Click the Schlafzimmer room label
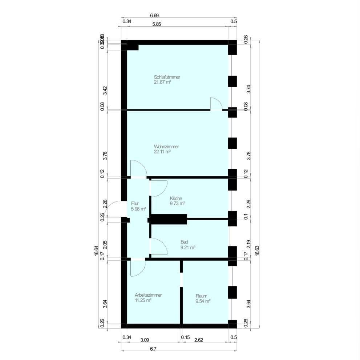pos(167,77)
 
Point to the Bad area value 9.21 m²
pos(188,247)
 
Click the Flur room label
pos(135,204)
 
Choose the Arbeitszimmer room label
pos(148,295)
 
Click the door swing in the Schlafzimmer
pos(215,104)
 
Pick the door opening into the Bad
pos(158,246)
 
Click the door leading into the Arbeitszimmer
pos(138,268)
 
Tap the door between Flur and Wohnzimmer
pos(138,168)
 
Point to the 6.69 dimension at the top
pos(154,16)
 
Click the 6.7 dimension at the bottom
pos(153,349)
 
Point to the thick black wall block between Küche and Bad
pos(169,219)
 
